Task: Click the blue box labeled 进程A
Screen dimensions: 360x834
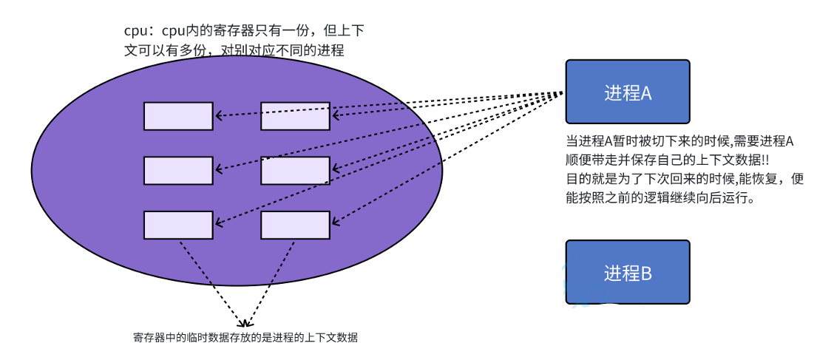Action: [x=627, y=92]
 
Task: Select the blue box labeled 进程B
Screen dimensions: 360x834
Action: [x=627, y=272]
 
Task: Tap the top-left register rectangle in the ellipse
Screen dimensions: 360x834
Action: [x=178, y=115]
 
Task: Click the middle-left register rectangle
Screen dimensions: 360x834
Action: [x=178, y=171]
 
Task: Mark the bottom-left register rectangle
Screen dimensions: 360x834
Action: [x=178, y=225]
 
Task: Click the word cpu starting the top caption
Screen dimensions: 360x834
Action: [x=134, y=32]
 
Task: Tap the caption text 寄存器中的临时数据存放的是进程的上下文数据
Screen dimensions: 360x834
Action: [x=245, y=338]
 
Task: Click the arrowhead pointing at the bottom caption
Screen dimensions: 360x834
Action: [x=243, y=324]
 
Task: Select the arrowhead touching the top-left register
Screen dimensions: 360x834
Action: [x=218, y=115]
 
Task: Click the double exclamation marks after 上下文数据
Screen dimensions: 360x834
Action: [x=767, y=160]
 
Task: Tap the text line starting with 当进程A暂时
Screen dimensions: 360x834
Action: [x=679, y=140]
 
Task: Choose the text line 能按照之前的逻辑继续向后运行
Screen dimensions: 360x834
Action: [x=660, y=199]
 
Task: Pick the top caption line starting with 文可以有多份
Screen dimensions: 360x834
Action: [x=234, y=51]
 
